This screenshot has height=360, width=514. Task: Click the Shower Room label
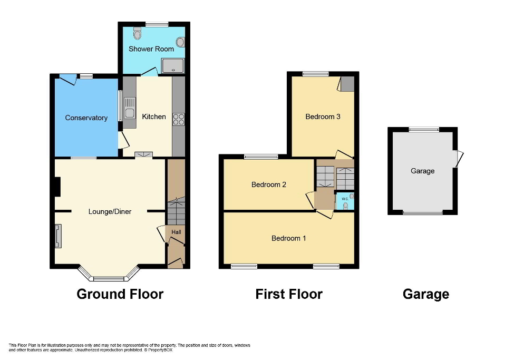coord(151,49)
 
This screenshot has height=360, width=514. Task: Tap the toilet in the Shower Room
coord(138,34)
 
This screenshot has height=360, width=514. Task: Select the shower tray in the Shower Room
coord(173,65)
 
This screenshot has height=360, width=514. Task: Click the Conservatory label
coord(86,118)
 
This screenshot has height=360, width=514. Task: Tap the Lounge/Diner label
coord(110,211)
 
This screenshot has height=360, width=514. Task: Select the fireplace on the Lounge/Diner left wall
coord(58,236)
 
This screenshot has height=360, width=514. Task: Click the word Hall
coord(176,232)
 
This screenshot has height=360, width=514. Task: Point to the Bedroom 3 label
coord(323,116)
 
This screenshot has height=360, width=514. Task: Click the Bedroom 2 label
coord(269,184)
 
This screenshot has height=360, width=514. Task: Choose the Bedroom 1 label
coord(288,238)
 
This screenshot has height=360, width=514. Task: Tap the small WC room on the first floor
coord(345,201)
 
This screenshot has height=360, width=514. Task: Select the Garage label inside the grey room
coord(422,171)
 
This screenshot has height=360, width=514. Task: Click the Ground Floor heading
coord(120,294)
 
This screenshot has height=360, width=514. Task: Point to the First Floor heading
coord(289,294)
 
